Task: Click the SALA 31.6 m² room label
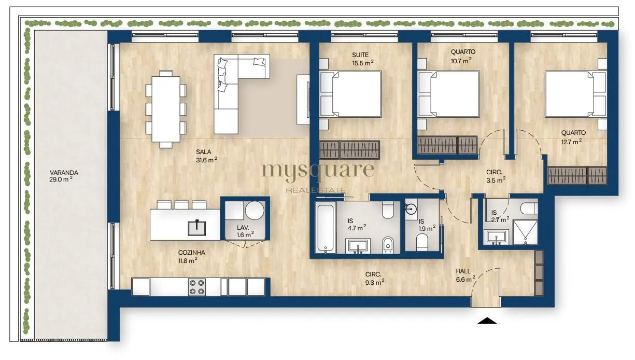coord(206,156)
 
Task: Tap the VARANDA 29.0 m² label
coord(63,176)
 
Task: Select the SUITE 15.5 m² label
coord(362,59)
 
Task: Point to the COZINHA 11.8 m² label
coord(191,256)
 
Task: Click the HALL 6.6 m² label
coord(465,275)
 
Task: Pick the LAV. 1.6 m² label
coord(245,231)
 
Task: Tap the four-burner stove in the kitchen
coord(197,287)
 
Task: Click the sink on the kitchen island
coord(197,228)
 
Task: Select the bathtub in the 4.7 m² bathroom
coord(325,228)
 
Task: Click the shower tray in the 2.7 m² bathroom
coord(525,232)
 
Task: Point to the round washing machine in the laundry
coord(255,211)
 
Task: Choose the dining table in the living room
coord(166,109)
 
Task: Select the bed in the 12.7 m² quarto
coord(575,94)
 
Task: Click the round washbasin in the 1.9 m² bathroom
coord(411,210)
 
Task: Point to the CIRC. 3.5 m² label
coord(496,176)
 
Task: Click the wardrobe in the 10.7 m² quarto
coord(447,145)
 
